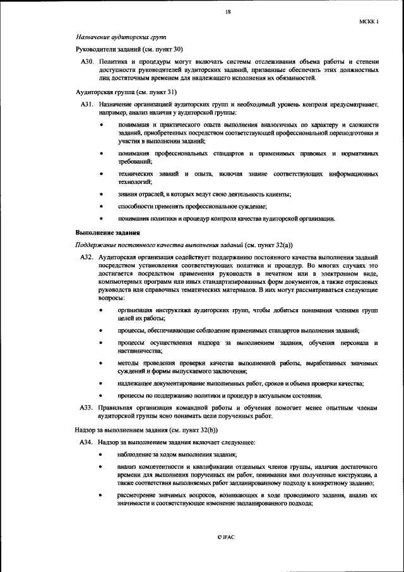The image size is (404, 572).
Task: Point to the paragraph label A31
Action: (x=87, y=103)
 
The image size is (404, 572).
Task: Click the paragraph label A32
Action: (x=87, y=259)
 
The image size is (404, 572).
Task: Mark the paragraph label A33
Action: (x=87, y=408)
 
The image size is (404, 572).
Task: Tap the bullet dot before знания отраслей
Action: (x=102, y=194)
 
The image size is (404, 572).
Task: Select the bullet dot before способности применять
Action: (x=102, y=207)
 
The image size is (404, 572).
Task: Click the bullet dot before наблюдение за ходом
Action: (x=102, y=454)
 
